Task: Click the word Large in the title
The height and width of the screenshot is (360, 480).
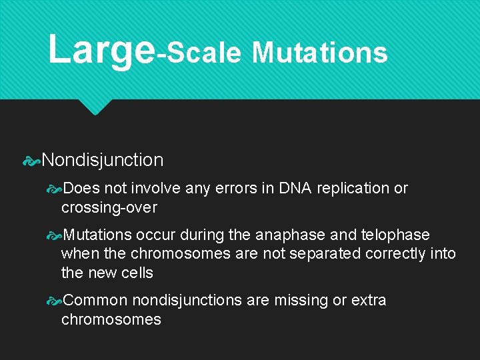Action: point(101,50)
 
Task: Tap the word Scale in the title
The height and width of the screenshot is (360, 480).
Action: point(203,53)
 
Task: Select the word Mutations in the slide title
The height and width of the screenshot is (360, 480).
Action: point(319,53)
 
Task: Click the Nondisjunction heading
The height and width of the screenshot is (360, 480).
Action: point(102,160)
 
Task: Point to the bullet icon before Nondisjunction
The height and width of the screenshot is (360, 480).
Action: point(31,160)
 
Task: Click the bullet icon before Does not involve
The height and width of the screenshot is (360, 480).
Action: point(55,189)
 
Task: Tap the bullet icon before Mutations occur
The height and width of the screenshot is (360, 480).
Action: point(55,235)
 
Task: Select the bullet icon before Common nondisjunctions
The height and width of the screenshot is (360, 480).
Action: point(55,301)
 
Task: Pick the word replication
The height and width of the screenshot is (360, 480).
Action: point(353,189)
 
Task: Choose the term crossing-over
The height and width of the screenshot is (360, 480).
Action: point(109,207)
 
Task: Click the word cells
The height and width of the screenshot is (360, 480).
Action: point(137,273)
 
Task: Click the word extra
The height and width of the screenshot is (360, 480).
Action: point(369,301)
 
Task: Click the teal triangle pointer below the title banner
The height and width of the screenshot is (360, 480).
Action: point(94,106)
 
